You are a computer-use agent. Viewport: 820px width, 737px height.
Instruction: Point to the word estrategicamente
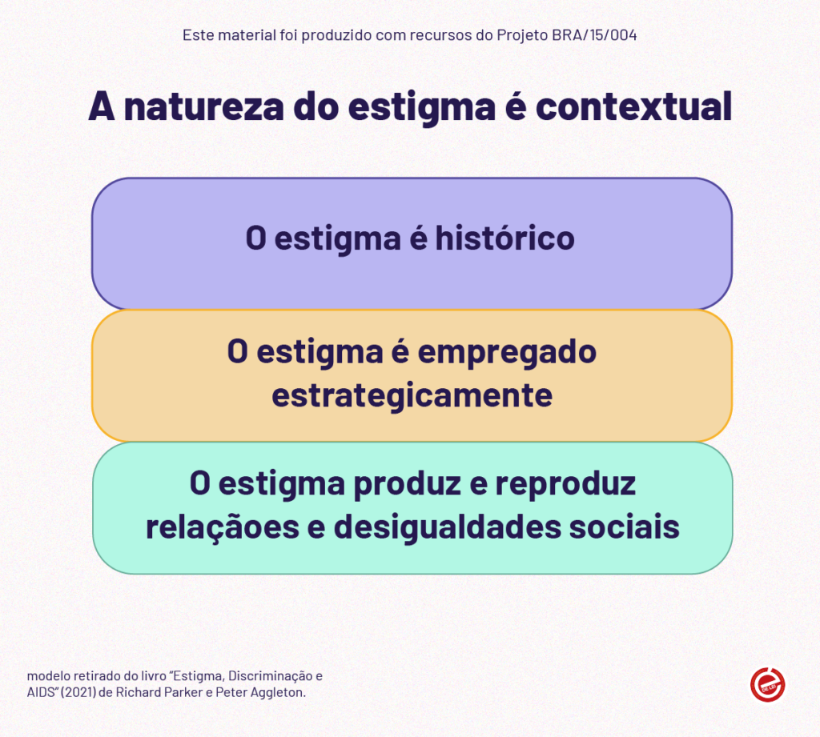[412, 395]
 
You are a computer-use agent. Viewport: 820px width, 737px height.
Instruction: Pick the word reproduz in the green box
[565, 484]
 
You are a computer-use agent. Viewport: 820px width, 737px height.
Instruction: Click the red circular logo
[768, 684]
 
